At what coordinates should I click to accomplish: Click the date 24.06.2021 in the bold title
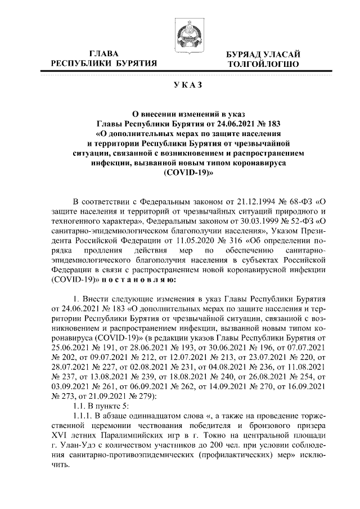[x=225, y=123]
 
